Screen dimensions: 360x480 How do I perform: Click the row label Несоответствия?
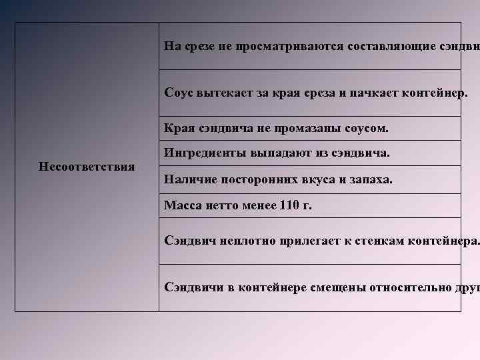87,166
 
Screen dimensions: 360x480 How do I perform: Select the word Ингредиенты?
205,154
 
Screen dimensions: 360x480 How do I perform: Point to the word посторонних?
255,180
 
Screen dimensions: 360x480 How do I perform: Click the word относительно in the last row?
405,287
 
